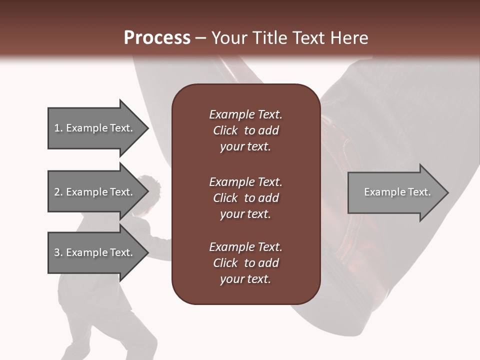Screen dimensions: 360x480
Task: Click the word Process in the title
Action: point(157,38)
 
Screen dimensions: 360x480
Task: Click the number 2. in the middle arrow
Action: point(58,192)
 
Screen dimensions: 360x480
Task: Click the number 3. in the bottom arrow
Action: point(58,252)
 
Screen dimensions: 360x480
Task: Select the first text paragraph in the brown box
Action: point(245,130)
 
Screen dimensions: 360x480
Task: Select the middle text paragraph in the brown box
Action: point(245,198)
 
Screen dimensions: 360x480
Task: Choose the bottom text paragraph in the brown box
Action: point(245,263)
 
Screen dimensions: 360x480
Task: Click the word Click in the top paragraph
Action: point(225,130)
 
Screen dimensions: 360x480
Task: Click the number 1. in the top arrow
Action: point(58,128)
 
